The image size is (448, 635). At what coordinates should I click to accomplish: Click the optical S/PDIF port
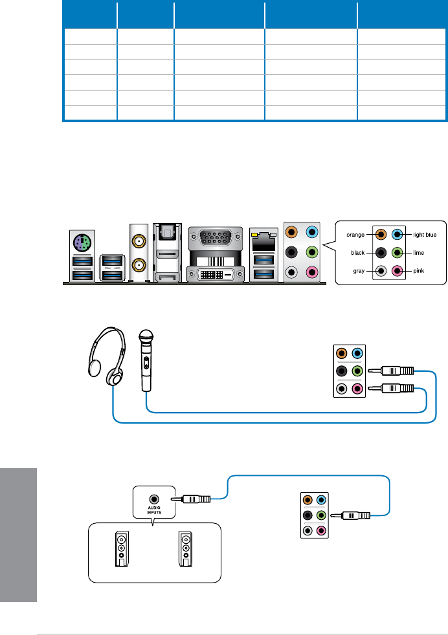click(168, 234)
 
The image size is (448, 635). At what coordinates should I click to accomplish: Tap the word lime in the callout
click(418, 253)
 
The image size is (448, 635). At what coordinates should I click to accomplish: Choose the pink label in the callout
click(418, 271)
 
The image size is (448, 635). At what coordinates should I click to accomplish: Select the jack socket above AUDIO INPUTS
click(154, 499)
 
